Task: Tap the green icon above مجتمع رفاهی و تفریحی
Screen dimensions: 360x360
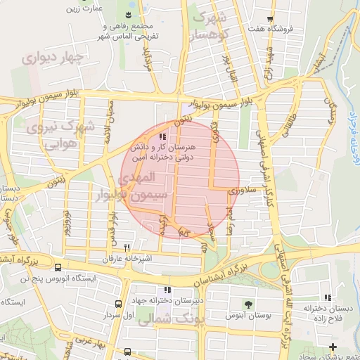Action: (129, 15)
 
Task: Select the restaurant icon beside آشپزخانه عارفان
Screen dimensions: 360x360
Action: (127, 247)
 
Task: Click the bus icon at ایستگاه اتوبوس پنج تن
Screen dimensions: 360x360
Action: (58, 267)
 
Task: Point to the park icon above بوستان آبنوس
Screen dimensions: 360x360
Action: (247, 304)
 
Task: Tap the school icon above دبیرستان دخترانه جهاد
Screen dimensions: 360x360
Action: (167, 290)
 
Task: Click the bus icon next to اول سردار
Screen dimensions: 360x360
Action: (118, 304)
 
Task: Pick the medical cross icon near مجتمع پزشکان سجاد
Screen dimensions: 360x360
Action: (333, 347)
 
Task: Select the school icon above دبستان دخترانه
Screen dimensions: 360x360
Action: (328, 297)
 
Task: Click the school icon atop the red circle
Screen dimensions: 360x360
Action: (163, 137)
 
